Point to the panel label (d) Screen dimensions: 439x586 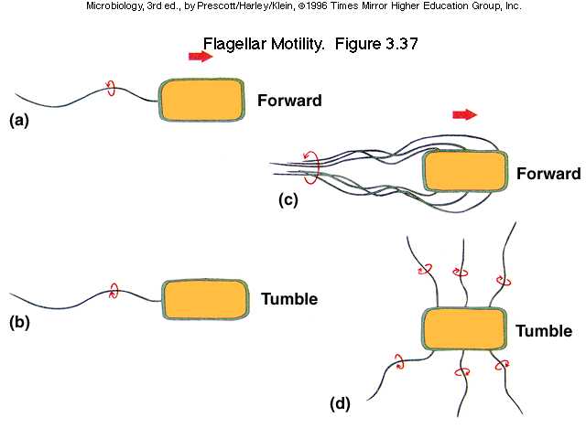(342, 402)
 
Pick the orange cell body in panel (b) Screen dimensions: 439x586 (206, 300)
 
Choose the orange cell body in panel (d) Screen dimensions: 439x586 (464, 330)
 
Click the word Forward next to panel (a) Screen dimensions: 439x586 (289, 101)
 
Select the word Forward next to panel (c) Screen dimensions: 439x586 (548, 174)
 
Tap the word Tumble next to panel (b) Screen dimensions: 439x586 (289, 299)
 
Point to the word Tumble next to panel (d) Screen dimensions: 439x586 (544, 331)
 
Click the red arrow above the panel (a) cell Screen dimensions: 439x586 (200, 57)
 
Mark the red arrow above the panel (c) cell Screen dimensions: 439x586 (465, 114)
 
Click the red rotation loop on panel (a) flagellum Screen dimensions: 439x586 (110, 89)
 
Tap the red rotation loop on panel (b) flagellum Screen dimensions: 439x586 (113, 292)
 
